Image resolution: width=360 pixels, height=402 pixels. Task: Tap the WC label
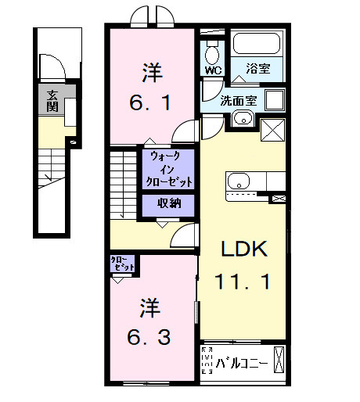point(213,70)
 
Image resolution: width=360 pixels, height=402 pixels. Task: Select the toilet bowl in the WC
point(211,53)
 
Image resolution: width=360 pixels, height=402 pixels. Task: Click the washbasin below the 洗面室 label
point(242,120)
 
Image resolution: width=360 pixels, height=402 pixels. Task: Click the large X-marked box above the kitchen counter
point(273,129)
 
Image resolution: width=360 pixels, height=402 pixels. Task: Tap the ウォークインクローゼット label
point(169,168)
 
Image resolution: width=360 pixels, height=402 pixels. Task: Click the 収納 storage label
point(167,203)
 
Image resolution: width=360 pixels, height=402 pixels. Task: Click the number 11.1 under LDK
point(244,282)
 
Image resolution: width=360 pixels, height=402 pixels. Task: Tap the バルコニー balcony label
point(242,364)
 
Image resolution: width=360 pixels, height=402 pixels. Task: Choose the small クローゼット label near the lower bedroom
point(122,264)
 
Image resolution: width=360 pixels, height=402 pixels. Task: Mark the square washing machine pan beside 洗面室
point(275,100)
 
